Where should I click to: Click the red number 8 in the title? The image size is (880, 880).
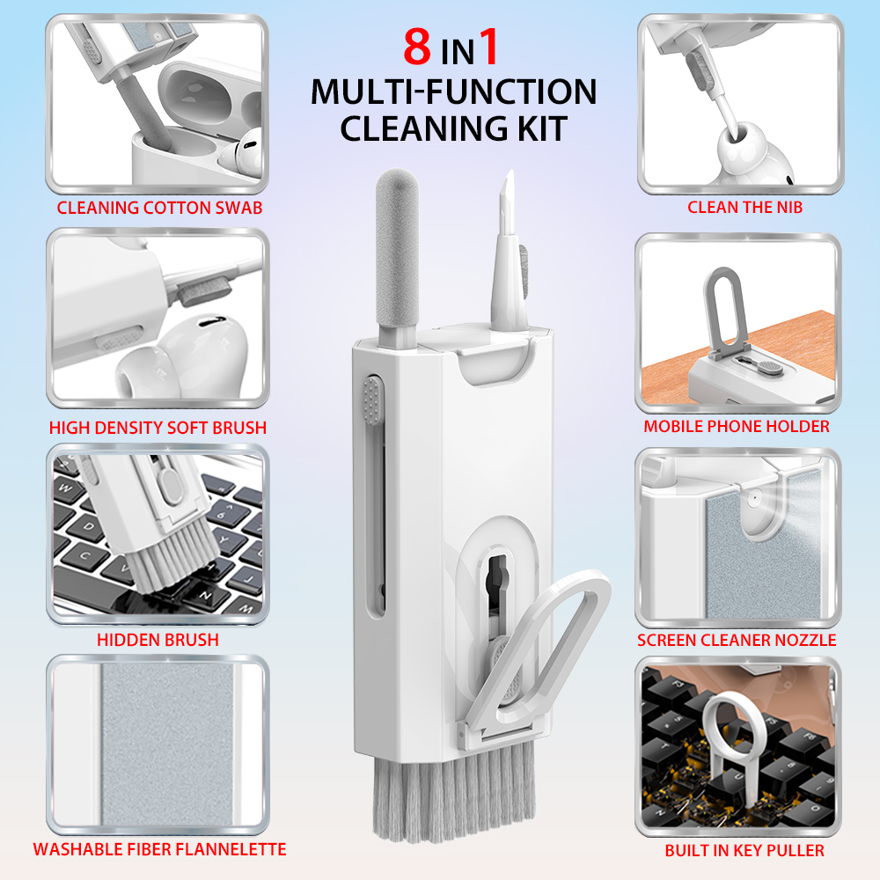(x=417, y=48)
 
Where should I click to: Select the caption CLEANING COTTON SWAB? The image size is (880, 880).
(x=160, y=209)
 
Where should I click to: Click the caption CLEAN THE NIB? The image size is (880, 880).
(x=744, y=209)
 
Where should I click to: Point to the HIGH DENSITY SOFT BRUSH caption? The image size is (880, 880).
(x=158, y=429)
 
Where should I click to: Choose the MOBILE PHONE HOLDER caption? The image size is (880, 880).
(x=737, y=427)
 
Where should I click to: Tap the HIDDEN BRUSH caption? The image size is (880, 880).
(x=158, y=640)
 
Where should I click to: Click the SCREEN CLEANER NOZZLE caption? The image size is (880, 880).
(x=737, y=640)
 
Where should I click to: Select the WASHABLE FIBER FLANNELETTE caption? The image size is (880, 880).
(x=159, y=849)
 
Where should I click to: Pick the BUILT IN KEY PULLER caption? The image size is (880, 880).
(x=744, y=850)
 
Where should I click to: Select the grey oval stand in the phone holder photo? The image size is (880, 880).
(x=727, y=304)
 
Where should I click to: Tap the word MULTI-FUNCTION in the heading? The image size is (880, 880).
(x=454, y=92)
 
